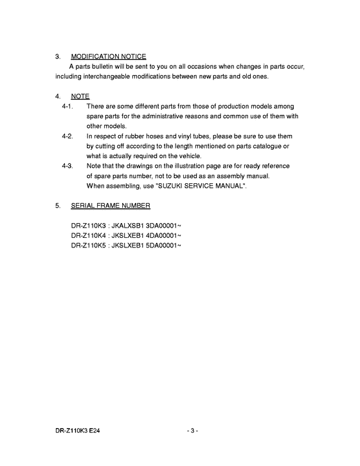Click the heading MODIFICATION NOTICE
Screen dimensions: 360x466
point(109,57)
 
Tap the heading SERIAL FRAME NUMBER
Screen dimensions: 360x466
point(111,206)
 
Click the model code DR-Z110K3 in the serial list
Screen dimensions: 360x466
point(88,226)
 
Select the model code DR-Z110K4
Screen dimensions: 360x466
point(88,236)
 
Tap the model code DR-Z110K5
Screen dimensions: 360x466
point(88,246)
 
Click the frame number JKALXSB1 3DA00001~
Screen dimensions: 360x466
point(147,226)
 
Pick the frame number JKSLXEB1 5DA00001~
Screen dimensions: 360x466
point(147,246)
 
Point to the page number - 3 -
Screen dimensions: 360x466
point(192,430)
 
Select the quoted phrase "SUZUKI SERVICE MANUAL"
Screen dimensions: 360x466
point(201,186)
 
